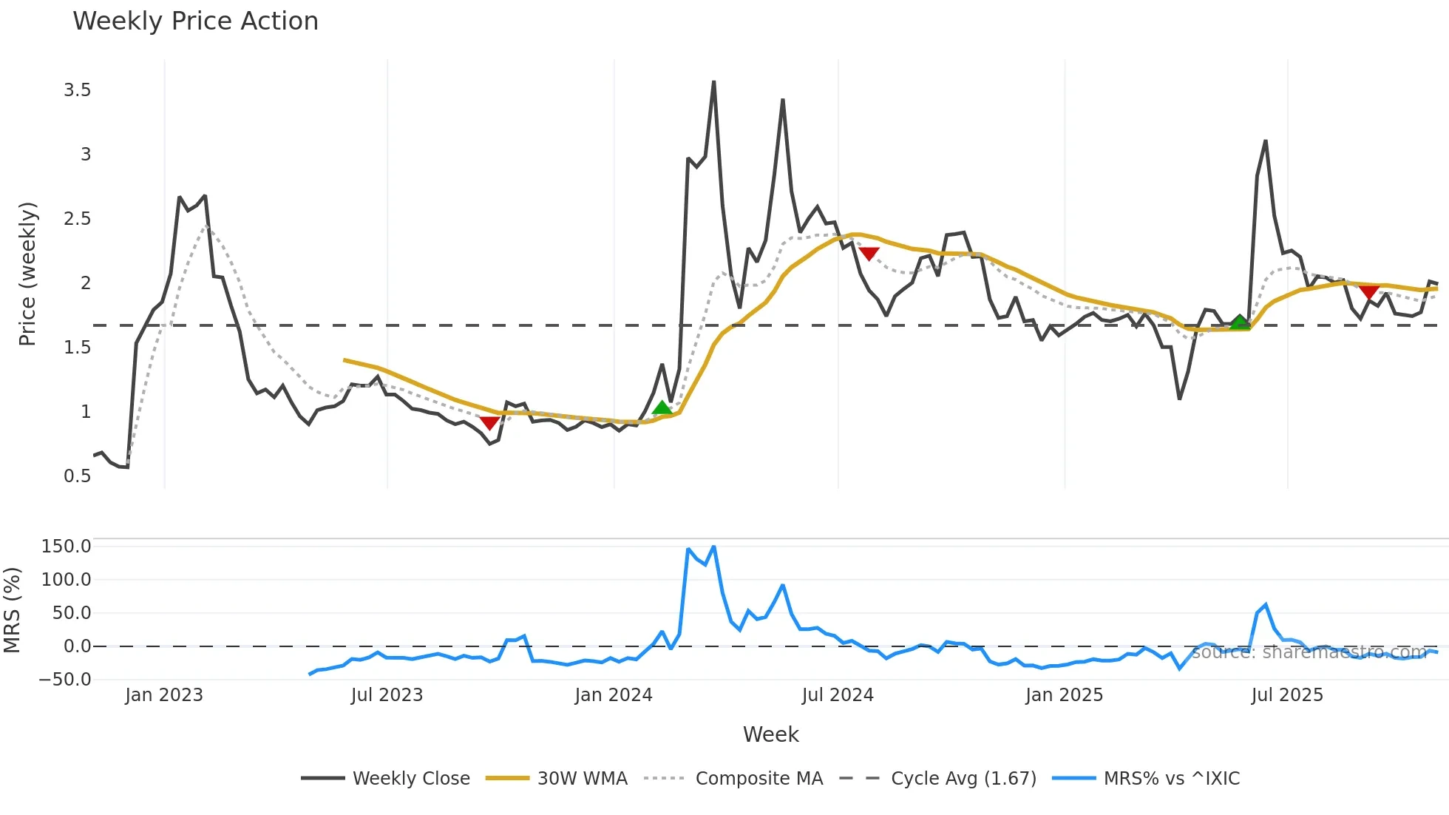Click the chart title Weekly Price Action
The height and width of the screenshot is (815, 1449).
195,21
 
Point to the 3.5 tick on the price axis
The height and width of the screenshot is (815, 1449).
78,90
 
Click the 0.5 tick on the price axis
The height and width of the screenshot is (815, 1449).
78,476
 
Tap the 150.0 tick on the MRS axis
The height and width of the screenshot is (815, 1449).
67,547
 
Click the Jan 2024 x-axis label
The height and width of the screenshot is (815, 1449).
614,695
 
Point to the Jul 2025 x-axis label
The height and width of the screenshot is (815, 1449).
1287,695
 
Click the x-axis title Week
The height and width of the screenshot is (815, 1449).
770,734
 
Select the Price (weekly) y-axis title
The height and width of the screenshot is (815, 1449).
27,274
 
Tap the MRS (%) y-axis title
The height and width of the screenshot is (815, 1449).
12,610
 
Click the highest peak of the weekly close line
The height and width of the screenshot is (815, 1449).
713,82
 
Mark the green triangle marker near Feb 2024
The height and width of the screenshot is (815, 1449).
662,407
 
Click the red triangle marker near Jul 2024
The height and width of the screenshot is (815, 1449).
869,254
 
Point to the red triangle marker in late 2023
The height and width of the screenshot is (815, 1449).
489,423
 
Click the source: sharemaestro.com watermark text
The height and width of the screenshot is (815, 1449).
1309,652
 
